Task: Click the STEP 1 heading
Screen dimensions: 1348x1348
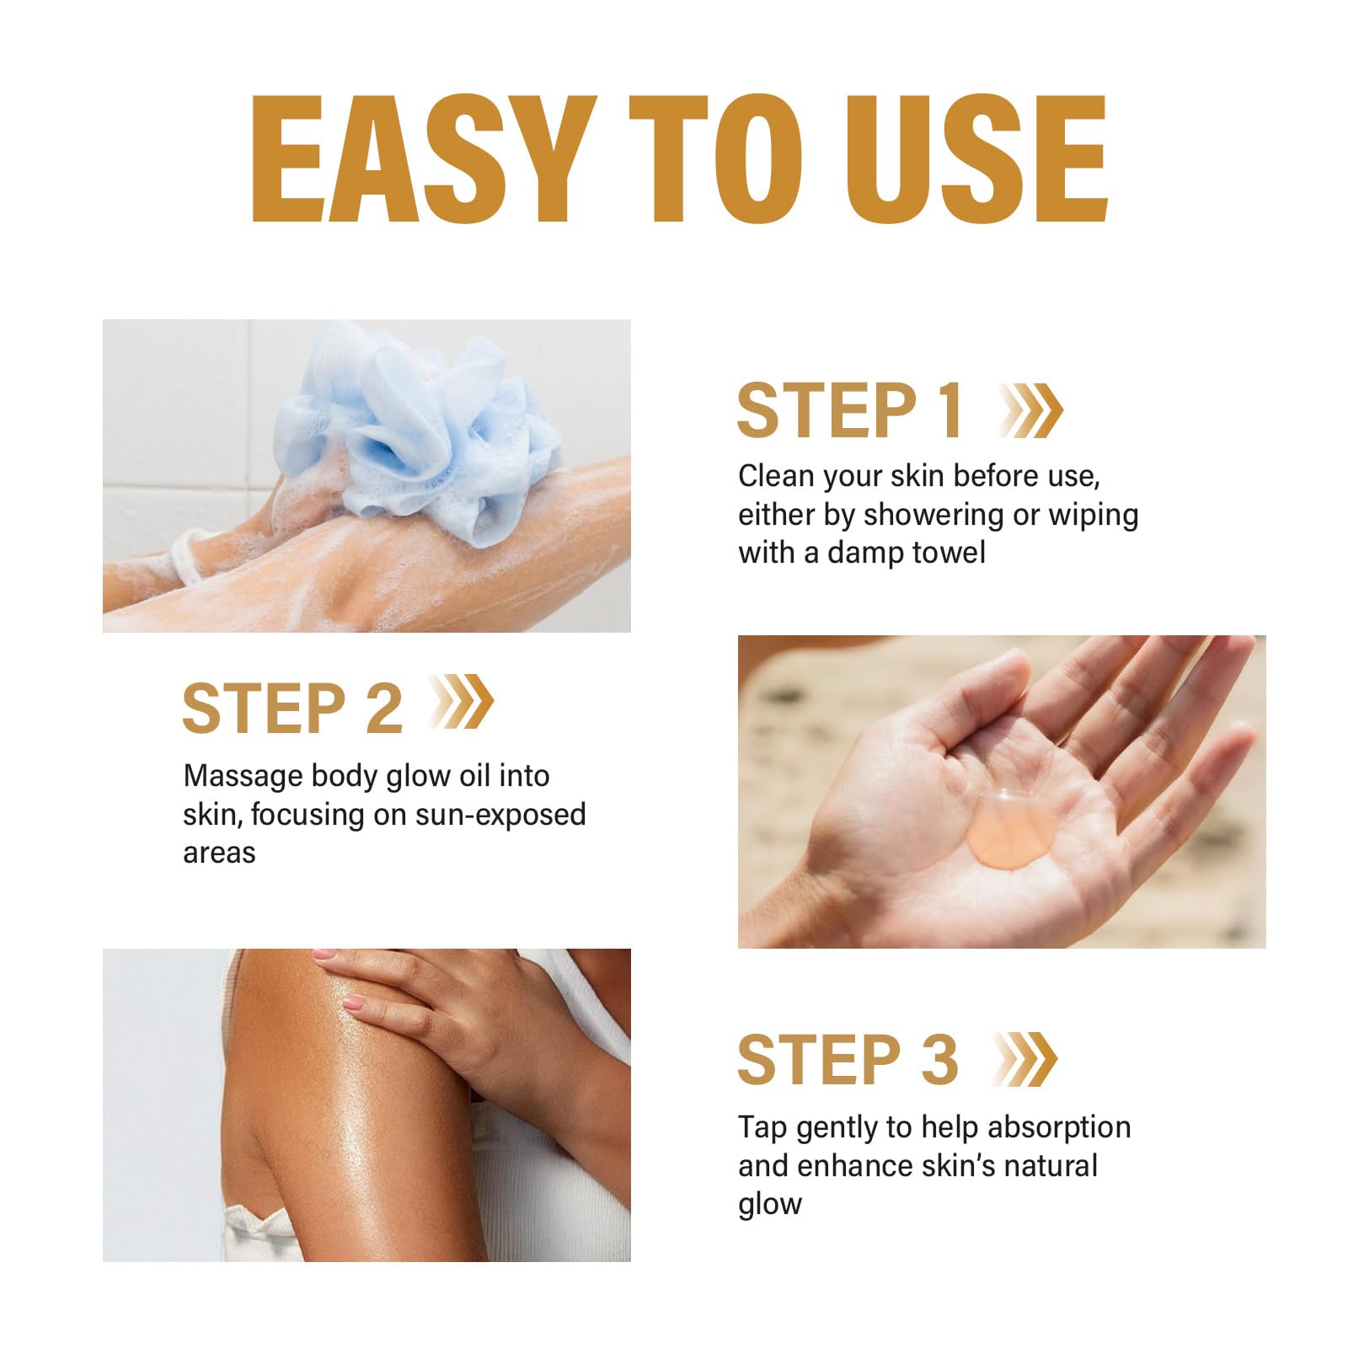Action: click(x=849, y=411)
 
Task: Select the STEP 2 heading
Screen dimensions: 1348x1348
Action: click(x=292, y=709)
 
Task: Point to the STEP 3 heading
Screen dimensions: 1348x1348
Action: click(x=848, y=1060)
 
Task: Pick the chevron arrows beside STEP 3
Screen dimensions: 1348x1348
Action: click(x=1026, y=1060)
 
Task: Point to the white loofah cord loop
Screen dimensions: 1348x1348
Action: click(x=187, y=557)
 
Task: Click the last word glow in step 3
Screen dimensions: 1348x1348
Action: click(x=769, y=1205)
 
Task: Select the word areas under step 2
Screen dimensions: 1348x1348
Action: click(x=219, y=853)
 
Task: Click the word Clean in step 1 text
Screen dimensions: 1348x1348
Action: click(x=776, y=476)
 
